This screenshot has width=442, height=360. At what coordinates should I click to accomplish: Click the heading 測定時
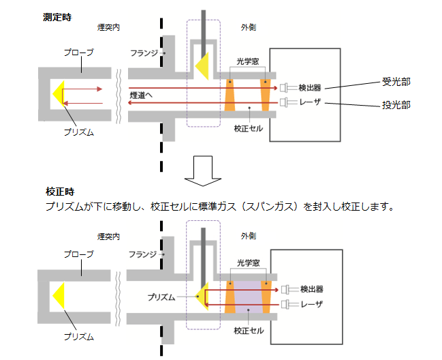tap(57, 15)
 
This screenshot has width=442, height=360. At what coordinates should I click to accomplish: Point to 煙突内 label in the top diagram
tap(108, 28)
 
